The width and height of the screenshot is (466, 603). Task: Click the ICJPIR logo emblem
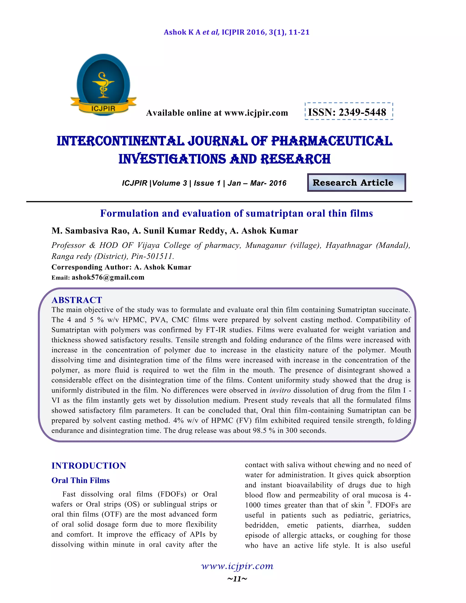pyautogui.click(x=103, y=85)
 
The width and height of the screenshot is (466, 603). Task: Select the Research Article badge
pyautogui.click(x=356, y=182)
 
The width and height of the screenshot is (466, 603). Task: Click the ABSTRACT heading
pyautogui.click(x=77, y=300)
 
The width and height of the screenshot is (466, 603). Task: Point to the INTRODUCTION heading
pyautogui.click(x=89, y=466)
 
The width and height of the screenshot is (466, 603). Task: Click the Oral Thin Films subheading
pyautogui.click(x=80, y=480)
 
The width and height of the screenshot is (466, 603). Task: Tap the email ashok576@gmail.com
pyautogui.click(x=108, y=277)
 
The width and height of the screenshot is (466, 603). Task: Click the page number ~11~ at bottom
pyautogui.click(x=237, y=579)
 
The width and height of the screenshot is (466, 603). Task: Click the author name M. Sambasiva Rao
pyautogui.click(x=90, y=231)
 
